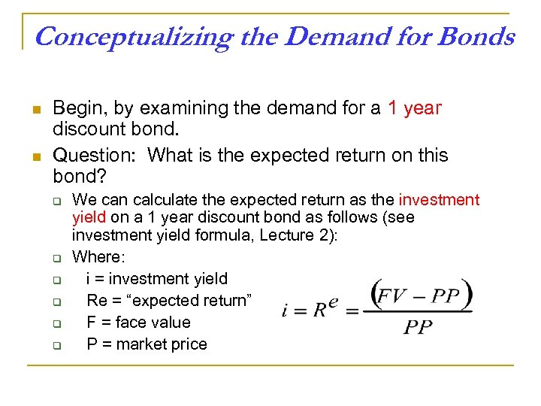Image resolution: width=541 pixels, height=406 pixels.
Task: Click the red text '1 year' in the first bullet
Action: coord(415,108)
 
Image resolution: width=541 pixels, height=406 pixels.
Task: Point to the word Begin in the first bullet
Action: coord(80,108)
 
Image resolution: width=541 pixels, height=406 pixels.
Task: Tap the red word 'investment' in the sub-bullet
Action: coord(439,200)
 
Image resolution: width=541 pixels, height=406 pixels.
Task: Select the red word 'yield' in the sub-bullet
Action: coord(89,217)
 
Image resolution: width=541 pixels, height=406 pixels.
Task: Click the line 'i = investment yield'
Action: coord(156,279)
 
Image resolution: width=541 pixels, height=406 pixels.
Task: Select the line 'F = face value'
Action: coord(138,323)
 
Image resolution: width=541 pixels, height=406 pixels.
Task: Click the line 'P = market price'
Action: coord(147,344)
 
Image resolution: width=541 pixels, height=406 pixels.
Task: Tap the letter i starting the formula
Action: coord(286,311)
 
